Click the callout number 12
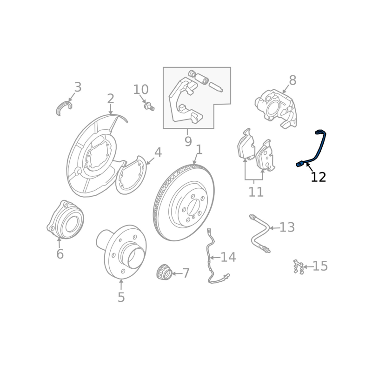319,177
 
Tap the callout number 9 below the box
188,142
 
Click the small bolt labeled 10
149,106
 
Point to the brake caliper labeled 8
276,108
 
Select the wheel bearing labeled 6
65,219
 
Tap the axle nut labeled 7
164,272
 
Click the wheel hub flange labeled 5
121,252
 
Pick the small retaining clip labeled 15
299,267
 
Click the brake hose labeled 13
260,234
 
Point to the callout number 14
228,257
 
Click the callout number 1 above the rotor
199,150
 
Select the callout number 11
256,192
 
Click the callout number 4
158,153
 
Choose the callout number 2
111,99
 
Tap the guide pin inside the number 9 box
216,87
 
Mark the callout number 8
293,80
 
